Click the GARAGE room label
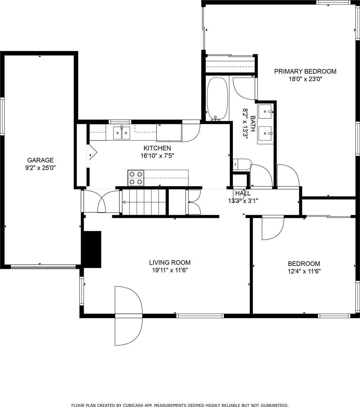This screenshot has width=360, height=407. click(41, 160)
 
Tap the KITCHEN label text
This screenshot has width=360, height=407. click(157, 148)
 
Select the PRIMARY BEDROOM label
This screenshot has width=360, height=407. click(305, 71)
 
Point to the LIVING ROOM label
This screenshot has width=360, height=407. click(169, 263)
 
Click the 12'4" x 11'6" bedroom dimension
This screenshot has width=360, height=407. click(304, 271)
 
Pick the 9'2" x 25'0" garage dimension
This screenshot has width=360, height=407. click(41, 168)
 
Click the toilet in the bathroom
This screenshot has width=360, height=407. click(242, 164)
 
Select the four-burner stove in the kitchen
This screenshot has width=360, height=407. click(136, 178)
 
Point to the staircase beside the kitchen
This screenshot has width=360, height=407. click(144, 202)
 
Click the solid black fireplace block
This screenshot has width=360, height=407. click(92, 249)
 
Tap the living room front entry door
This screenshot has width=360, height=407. click(128, 315)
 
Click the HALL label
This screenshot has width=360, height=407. click(243, 193)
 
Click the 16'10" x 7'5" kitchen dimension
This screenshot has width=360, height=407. click(157, 156)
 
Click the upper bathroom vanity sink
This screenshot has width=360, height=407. click(265, 111)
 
